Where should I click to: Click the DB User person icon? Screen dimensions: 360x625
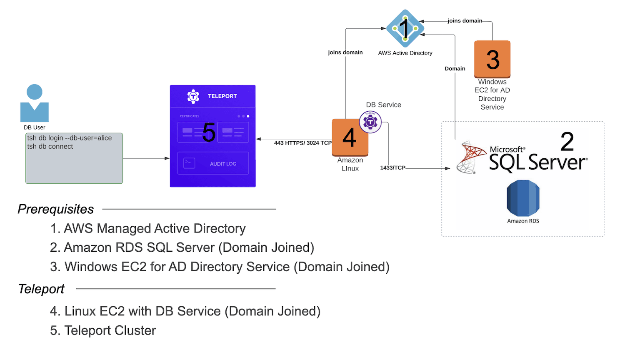(35, 103)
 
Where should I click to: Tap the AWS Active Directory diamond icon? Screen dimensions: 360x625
(405, 29)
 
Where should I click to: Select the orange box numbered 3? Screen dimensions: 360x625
(492, 59)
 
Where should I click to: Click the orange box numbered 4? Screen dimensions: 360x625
(350, 138)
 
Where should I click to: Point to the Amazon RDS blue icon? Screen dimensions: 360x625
(523, 198)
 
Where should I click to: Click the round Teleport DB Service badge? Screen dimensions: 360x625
(370, 122)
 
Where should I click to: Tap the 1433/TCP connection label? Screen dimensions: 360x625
(392, 167)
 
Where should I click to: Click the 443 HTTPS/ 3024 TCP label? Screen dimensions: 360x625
(303, 143)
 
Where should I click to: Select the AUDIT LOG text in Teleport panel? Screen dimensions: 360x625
(223, 164)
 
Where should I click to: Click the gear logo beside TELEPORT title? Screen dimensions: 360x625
(193, 96)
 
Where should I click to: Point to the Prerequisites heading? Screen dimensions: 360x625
(56, 209)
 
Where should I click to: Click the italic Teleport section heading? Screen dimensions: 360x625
(41, 289)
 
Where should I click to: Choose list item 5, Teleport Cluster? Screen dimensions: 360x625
(103, 330)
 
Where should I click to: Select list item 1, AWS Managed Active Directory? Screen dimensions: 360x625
(148, 228)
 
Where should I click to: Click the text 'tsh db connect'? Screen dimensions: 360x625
(50, 147)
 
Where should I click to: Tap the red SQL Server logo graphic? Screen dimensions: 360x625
(471, 157)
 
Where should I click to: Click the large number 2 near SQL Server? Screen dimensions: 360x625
(567, 142)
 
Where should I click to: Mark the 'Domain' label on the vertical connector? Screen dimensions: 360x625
(455, 69)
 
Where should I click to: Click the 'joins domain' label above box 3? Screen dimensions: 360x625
(465, 21)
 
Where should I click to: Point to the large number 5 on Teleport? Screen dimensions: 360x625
(209, 132)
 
